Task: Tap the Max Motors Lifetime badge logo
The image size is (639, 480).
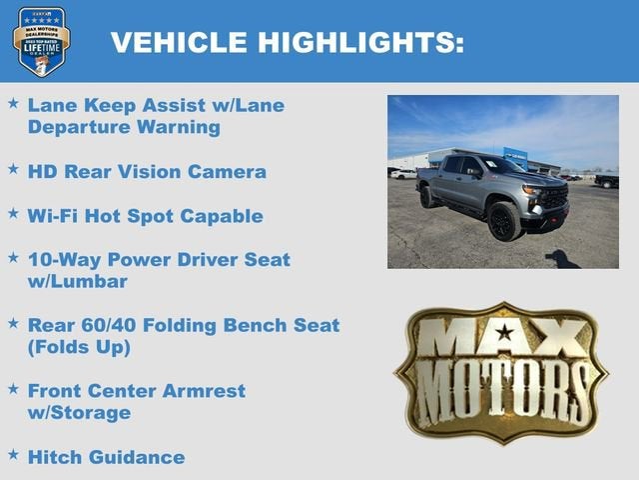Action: point(41,41)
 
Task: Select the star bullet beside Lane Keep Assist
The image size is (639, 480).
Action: point(13,104)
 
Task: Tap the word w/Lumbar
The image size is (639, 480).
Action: point(77,281)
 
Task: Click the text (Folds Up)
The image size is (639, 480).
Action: point(79,347)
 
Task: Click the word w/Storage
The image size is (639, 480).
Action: point(79,412)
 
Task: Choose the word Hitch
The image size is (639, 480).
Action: point(55,457)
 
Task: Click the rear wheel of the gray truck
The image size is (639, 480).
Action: point(427,197)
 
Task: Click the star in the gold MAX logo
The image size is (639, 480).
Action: point(504,333)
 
